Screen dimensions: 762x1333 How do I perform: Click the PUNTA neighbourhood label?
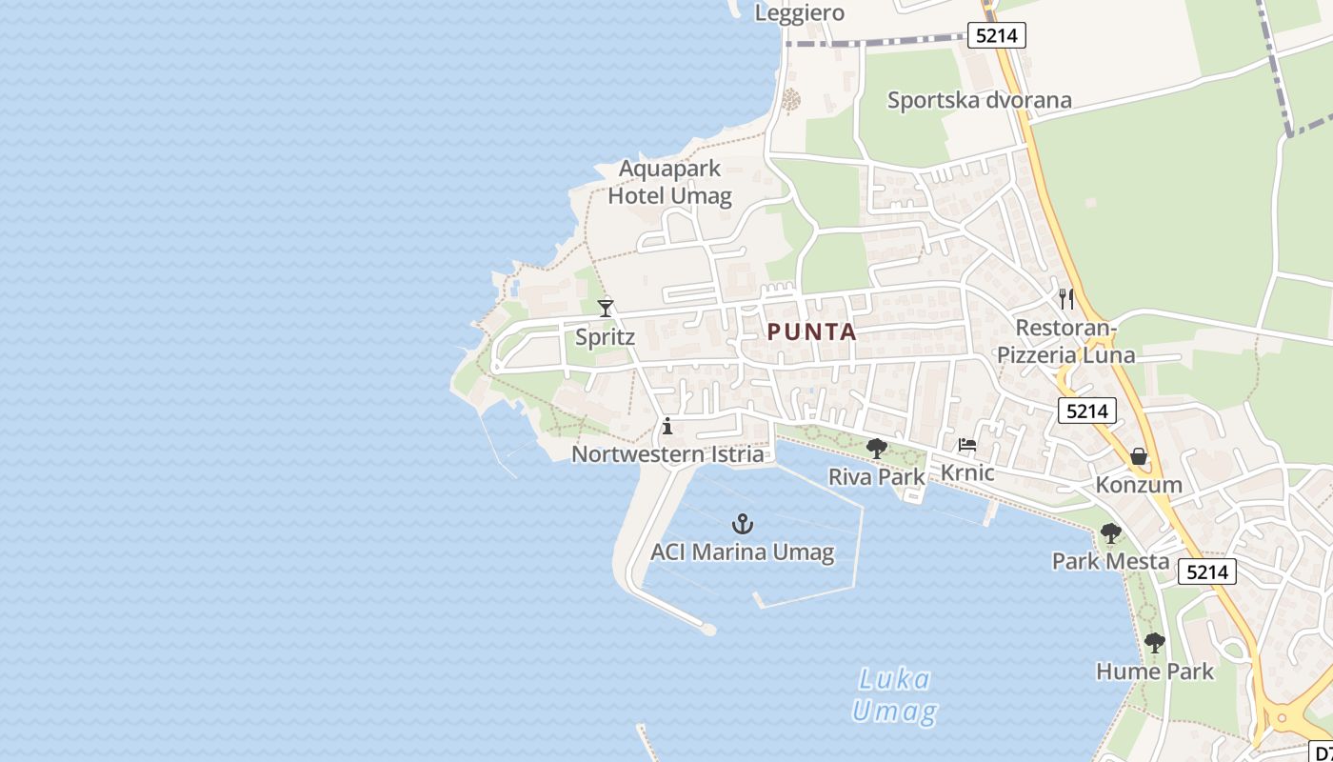click(x=811, y=331)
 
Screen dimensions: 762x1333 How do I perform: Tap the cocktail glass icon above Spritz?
click(x=606, y=308)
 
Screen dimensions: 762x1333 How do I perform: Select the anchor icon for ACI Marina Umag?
click(x=742, y=524)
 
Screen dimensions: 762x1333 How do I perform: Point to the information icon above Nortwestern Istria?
click(x=667, y=426)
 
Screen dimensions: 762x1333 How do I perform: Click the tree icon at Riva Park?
click(x=877, y=449)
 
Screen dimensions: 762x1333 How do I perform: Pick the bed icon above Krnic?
click(x=967, y=445)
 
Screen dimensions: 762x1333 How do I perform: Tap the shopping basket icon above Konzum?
click(x=1139, y=457)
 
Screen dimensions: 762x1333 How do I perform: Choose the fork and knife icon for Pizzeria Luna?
click(x=1066, y=299)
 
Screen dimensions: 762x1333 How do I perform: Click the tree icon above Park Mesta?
click(x=1110, y=533)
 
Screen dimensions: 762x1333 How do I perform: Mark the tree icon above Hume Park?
click(x=1155, y=643)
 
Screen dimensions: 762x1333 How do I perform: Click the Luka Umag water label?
click(x=894, y=695)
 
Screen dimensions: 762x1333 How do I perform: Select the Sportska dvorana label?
click(x=979, y=100)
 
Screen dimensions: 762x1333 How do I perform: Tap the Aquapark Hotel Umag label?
click(x=670, y=182)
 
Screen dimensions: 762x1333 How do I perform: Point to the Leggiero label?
click(x=800, y=12)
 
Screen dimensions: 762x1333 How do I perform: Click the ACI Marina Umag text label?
click(x=742, y=551)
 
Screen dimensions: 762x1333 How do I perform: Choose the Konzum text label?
click(x=1139, y=484)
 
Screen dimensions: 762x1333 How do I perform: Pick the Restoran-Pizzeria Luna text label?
click(x=1065, y=342)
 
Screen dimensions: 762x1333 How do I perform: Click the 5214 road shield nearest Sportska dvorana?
click(x=997, y=36)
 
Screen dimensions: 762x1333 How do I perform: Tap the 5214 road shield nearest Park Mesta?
click(x=1207, y=571)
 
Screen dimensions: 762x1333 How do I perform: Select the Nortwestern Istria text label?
click(x=667, y=454)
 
